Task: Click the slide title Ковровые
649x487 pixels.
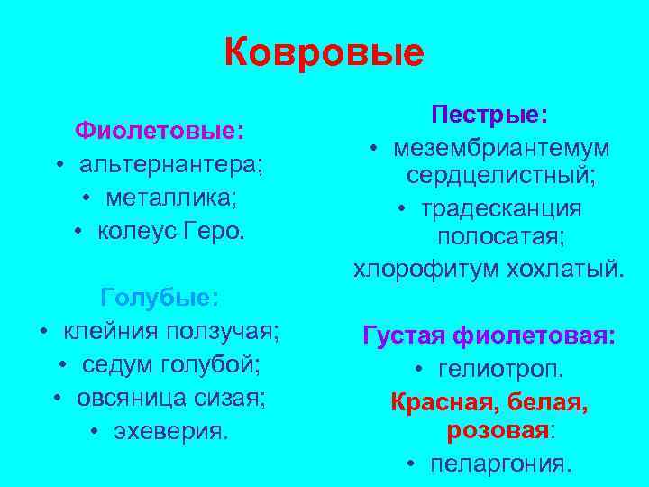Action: [x=324, y=53]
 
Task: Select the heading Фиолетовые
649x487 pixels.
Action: [x=157, y=132]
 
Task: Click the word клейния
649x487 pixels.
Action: [x=105, y=331]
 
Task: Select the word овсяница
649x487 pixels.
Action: [x=133, y=398]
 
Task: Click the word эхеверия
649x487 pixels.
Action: [x=172, y=431]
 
